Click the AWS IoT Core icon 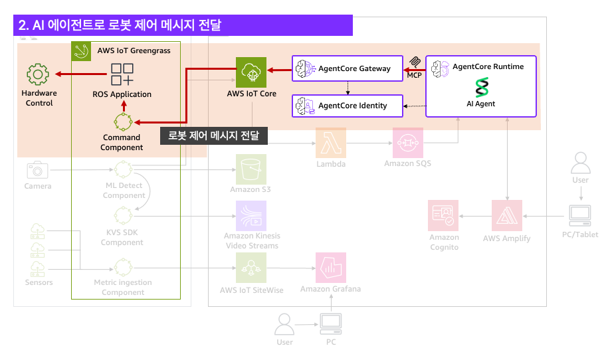251,72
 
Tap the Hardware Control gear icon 39,74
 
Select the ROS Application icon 122,74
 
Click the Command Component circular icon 122,122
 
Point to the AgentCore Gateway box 347,68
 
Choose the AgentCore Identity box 348,106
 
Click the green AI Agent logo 480,88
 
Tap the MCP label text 414,75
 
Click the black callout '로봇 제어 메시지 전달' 213,135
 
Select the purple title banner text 120,25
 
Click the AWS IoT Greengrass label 134,50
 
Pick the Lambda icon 331,143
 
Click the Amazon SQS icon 407,143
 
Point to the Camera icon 38,170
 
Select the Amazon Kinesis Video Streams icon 251,215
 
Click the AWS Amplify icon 507,215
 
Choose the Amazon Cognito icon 444,215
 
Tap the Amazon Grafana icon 330,268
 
